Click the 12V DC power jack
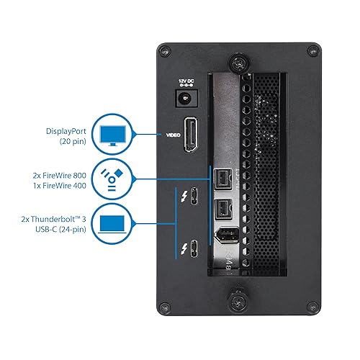[186, 98]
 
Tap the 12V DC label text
[186, 81]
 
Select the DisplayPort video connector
[191, 135]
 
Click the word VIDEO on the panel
[174, 135]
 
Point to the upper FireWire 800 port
[223, 179]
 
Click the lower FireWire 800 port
[223, 209]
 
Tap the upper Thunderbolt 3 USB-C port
[194, 196]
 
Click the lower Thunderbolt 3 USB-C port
[194, 248]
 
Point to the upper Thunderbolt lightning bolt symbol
[184, 197]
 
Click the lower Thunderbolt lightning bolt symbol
[184, 249]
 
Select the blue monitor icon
[112, 135]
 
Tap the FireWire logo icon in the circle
[112, 180]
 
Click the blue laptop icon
[112, 224]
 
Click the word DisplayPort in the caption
[66, 131]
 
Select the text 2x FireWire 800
[60, 176]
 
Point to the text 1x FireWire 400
[60, 186]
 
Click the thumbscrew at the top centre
[238, 63]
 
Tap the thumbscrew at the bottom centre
[238, 301]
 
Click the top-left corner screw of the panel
[165, 52]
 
